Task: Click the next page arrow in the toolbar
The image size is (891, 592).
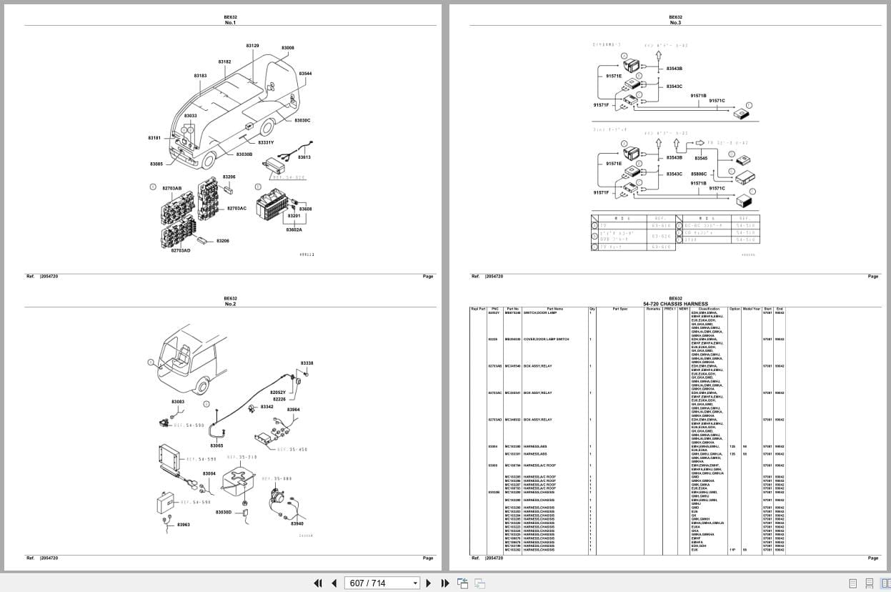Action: pyautogui.click(x=429, y=583)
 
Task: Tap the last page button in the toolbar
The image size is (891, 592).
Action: pyautogui.click(x=445, y=583)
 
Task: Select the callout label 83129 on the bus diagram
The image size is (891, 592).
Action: pyautogui.click(x=252, y=46)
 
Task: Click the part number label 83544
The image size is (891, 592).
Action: pyautogui.click(x=305, y=74)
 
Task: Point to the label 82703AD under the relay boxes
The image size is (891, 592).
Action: pyautogui.click(x=181, y=250)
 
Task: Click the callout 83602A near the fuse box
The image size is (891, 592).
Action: pyautogui.click(x=294, y=230)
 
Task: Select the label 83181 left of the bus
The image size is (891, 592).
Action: pyautogui.click(x=154, y=138)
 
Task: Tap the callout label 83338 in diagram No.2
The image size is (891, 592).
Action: pyautogui.click(x=307, y=363)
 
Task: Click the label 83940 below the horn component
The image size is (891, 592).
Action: pyautogui.click(x=297, y=523)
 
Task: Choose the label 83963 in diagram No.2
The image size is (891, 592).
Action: pyautogui.click(x=184, y=525)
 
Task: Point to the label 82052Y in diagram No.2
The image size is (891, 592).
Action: pyautogui.click(x=277, y=393)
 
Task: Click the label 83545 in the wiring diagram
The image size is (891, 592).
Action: pyautogui.click(x=701, y=158)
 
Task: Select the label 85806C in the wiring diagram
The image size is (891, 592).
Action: pyautogui.click(x=699, y=174)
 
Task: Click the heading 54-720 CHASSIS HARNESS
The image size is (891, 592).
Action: pyautogui.click(x=675, y=304)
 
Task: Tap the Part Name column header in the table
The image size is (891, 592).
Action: pyautogui.click(x=554, y=309)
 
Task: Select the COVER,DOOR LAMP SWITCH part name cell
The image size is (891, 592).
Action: pyautogui.click(x=547, y=340)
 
